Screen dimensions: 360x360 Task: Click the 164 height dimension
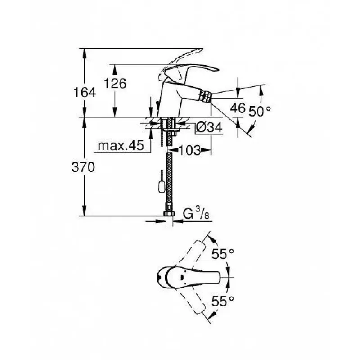pos(85,92)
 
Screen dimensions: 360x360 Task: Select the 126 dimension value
pos(115,83)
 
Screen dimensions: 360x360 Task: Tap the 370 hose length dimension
pos(83,167)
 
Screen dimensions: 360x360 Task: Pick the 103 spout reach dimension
pos(189,150)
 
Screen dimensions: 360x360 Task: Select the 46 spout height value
pos(238,108)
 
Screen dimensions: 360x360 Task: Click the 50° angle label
pos(260,111)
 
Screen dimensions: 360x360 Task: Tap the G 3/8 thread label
pos(196,213)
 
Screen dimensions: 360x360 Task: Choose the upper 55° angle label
pos(222,254)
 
